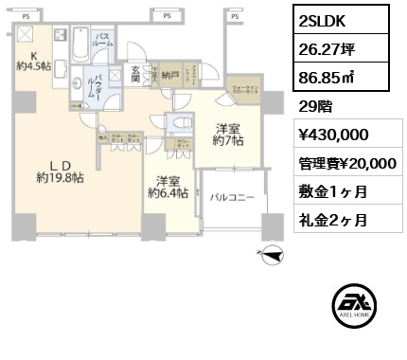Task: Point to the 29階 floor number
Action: pos(314,106)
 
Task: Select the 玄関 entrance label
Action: pos(139,71)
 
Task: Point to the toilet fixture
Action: pos(177,125)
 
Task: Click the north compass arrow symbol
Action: pos(274,253)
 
